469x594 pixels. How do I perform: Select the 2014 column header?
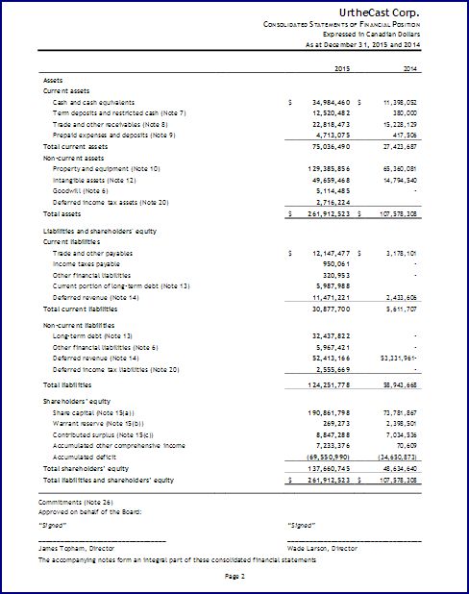[x=410, y=68]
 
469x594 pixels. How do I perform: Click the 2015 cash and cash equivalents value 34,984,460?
[x=324, y=101]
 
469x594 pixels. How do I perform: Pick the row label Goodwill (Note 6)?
[x=81, y=190]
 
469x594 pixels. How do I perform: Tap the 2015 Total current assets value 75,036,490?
[x=324, y=146]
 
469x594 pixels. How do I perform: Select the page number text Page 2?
[x=235, y=575]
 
